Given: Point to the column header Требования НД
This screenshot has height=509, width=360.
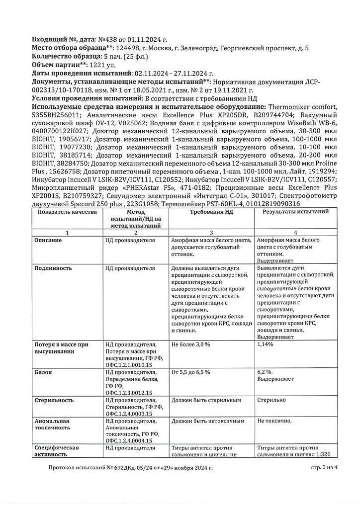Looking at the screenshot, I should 212,212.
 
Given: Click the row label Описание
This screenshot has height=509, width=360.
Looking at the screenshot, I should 48,240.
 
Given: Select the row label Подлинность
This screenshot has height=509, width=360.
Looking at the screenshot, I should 53,268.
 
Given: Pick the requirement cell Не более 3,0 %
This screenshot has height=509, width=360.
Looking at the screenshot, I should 190,344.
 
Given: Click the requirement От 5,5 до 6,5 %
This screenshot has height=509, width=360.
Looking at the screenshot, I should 190,372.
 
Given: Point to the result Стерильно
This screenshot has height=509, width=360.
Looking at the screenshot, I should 272,400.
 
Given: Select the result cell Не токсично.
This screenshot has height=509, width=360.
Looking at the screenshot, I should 274,421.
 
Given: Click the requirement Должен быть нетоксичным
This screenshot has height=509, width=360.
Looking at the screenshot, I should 208,421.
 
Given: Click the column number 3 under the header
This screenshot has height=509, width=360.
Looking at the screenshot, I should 212,233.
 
